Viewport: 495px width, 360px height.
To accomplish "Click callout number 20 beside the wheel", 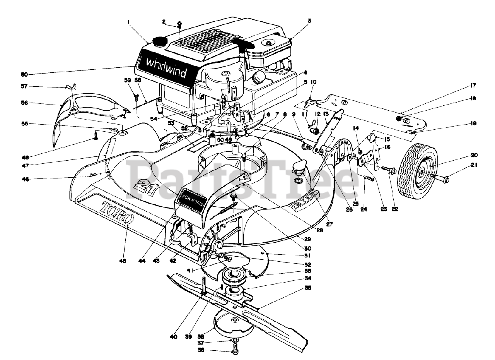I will click(x=474, y=155).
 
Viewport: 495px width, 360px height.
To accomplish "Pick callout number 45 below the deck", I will click(x=123, y=261).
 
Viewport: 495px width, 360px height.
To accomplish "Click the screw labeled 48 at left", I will click(x=95, y=135).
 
